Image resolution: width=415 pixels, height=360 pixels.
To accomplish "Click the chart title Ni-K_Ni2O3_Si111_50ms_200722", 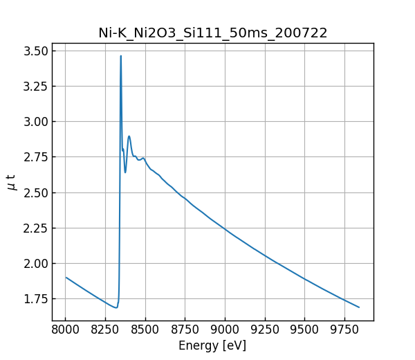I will pos(212,33).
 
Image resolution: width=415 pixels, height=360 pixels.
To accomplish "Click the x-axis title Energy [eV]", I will pos(212,345).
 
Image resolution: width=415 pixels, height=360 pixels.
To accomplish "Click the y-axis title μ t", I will pos(11,182).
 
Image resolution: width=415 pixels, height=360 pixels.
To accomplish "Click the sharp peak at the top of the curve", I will pos(121,56).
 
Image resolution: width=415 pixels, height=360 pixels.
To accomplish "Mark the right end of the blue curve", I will pos(359,307).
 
